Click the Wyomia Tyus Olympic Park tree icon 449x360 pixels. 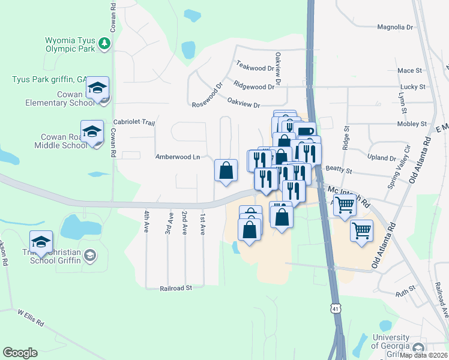104,43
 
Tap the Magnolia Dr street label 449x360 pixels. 395,27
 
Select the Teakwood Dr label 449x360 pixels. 255,67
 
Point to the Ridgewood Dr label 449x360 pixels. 254,86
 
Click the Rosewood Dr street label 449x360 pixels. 207,95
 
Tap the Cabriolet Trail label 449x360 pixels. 134,122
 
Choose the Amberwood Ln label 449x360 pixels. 177,157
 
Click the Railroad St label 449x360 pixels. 175,288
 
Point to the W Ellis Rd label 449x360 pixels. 31,318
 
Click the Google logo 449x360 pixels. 20,353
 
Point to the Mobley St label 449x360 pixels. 412,124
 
